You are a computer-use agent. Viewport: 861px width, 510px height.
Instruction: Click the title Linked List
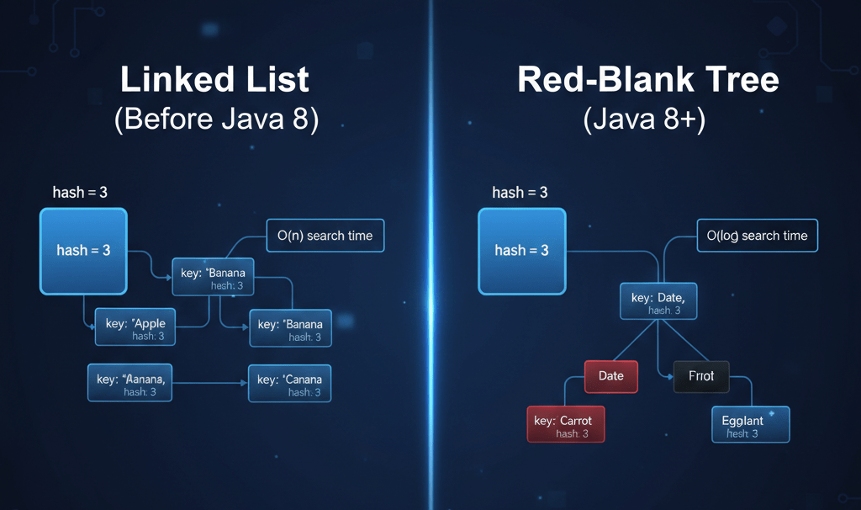[215, 80]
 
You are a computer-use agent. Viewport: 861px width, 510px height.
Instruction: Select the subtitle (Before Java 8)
[216, 120]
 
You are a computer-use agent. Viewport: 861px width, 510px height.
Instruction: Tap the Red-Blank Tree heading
[647, 80]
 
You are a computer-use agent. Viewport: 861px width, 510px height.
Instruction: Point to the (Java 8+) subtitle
[644, 120]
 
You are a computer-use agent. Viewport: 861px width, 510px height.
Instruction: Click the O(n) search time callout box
[325, 236]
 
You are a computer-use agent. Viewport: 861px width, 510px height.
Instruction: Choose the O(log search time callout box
[757, 236]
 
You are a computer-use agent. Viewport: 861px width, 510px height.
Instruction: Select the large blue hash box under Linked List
[83, 251]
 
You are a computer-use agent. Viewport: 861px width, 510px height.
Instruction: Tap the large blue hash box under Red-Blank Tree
[521, 251]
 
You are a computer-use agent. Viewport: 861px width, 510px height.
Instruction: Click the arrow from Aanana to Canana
[210, 383]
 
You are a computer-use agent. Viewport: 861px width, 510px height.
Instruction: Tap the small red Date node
[611, 376]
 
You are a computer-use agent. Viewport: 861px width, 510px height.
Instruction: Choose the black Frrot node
[701, 376]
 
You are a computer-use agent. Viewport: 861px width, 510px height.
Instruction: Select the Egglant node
[750, 425]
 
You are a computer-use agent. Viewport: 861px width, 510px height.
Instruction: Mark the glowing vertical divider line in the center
[430, 252]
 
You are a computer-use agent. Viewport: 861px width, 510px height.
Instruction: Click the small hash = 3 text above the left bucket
[80, 193]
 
